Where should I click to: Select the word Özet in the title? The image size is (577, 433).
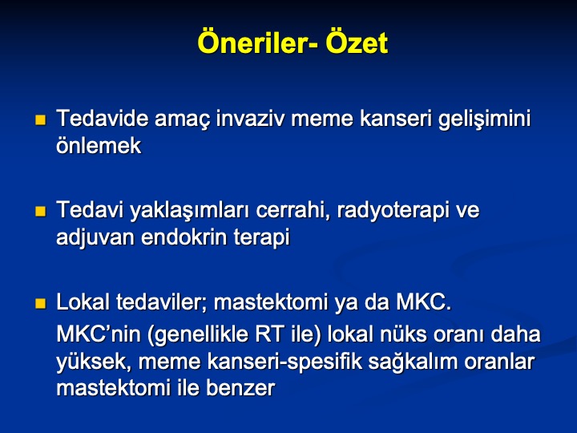pyautogui.click(x=357, y=42)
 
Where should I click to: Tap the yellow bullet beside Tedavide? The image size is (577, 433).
pyautogui.click(x=41, y=120)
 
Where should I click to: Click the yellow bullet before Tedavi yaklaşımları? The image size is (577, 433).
pyautogui.click(x=41, y=212)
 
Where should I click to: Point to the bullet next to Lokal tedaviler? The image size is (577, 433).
pyautogui.click(x=41, y=303)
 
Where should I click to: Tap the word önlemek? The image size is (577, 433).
pyautogui.click(x=99, y=145)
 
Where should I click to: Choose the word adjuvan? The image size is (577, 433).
pyautogui.click(x=95, y=238)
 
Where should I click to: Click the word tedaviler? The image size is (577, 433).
pyautogui.click(x=162, y=302)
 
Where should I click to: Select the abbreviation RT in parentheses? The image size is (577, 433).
pyautogui.click(x=269, y=334)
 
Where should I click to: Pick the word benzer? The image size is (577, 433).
pyautogui.click(x=240, y=388)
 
